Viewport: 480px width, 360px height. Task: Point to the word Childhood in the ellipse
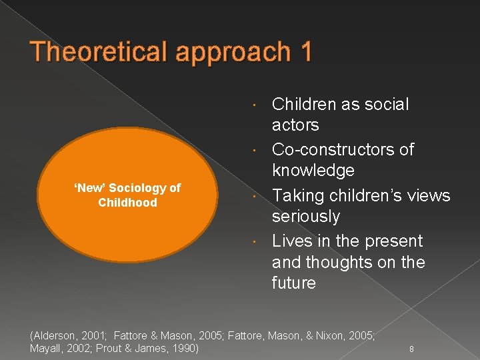tap(127, 203)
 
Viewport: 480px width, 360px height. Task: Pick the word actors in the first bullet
tap(295, 125)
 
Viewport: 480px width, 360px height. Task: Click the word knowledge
tap(313, 170)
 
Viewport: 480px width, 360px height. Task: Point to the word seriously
tap(306, 217)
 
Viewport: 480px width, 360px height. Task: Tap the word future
tap(294, 283)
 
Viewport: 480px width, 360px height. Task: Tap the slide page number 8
tap(411, 349)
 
